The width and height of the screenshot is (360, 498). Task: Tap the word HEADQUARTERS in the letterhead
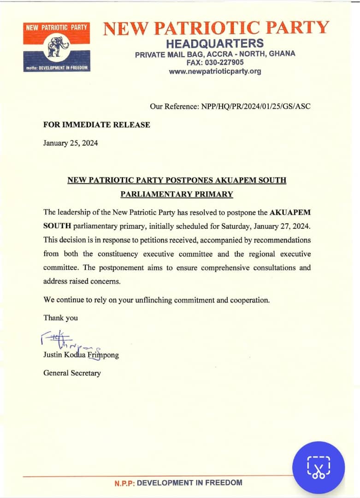click(x=215, y=44)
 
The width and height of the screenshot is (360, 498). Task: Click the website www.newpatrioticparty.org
click(x=215, y=71)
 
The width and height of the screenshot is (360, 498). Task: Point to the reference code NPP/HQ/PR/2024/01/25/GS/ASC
click(x=256, y=107)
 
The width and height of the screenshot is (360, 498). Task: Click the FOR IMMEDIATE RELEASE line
click(x=96, y=125)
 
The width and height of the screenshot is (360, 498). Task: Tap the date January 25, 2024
click(x=71, y=143)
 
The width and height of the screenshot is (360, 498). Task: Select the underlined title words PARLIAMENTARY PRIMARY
click(x=177, y=194)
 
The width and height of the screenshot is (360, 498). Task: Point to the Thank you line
click(x=60, y=318)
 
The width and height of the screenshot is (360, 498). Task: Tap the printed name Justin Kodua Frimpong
click(x=81, y=356)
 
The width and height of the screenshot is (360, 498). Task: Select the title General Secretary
click(x=71, y=373)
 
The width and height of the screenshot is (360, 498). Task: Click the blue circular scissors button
click(x=319, y=468)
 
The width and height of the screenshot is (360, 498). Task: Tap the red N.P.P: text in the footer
click(x=124, y=483)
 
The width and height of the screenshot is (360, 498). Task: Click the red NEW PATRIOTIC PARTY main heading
click(x=216, y=28)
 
